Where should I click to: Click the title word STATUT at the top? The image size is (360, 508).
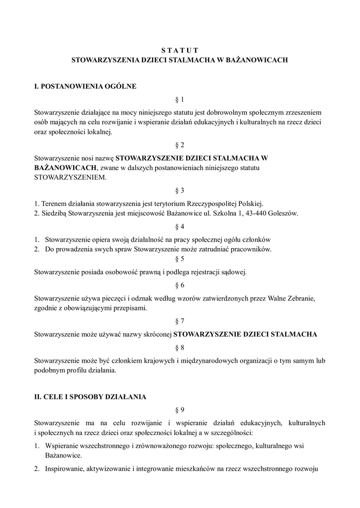(180, 50)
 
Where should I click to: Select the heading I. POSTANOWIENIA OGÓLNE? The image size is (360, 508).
(85, 86)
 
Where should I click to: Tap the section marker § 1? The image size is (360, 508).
(180, 99)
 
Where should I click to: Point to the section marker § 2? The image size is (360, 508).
(180, 145)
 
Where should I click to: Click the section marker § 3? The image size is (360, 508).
(180, 190)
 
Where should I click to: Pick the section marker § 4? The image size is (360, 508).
(180, 227)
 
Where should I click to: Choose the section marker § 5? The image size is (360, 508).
(180, 258)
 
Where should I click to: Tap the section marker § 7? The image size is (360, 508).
(180, 321)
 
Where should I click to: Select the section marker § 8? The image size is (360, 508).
(180, 347)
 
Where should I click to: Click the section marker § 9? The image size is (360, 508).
(180, 409)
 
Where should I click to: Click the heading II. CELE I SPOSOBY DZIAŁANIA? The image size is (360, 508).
(90, 397)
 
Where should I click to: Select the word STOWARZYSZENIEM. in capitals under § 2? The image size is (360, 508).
(70, 177)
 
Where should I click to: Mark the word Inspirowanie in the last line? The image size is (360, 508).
(64, 468)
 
